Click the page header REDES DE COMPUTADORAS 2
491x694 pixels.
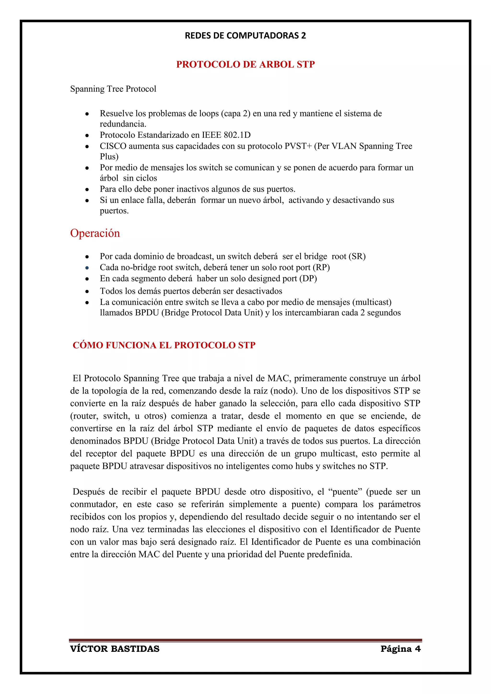pyautogui.click(x=245, y=36)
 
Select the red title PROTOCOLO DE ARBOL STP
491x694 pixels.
pyautogui.click(x=245, y=64)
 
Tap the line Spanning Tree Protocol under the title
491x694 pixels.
pyautogui.click(x=113, y=89)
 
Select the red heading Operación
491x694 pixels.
pyautogui.click(x=95, y=233)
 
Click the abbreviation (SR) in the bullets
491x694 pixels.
pyautogui.click(x=357, y=256)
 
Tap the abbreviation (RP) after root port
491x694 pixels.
pyautogui.click(x=321, y=267)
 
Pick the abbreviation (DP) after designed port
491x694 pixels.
pyautogui.click(x=308, y=278)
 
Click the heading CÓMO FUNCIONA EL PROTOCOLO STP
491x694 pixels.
pyautogui.click(x=164, y=345)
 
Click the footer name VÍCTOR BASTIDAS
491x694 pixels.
pyautogui.click(x=115, y=649)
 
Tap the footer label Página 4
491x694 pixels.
pyautogui.click(x=401, y=649)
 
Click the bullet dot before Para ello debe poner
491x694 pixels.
pyautogui.click(x=87, y=190)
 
